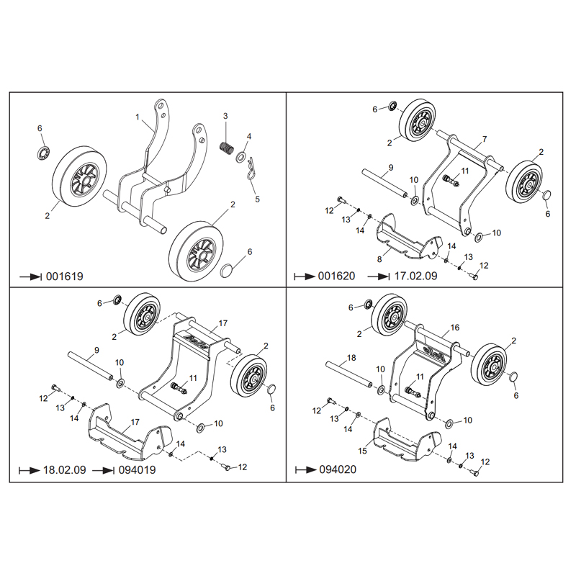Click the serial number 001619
65,276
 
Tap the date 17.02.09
415,276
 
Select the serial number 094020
338,469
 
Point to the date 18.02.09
64,470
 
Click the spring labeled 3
227,148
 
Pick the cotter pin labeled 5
251,169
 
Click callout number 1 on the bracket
138,117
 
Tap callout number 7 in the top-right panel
485,139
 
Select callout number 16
455,328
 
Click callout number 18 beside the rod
351,357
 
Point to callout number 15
362,451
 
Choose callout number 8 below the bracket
379,259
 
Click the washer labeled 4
241,158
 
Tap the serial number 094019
137,470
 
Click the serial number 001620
336,276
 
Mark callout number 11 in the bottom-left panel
193,378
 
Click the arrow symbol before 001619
30,276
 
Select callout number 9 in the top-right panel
391,168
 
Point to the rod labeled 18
349,375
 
